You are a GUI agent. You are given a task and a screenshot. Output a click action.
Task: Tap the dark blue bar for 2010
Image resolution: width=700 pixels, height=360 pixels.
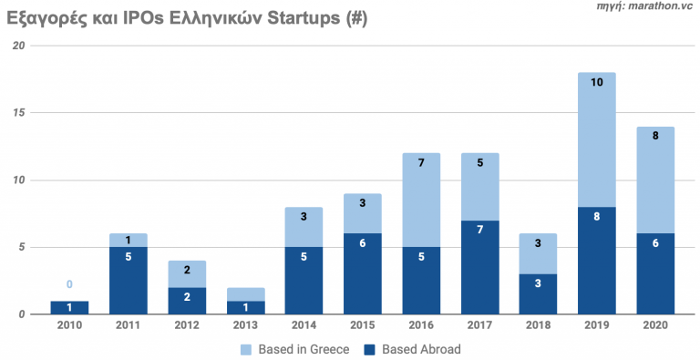68,307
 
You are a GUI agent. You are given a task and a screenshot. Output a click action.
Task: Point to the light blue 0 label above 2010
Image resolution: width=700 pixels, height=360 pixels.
68,284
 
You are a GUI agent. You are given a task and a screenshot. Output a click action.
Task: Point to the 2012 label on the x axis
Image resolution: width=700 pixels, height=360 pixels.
185,326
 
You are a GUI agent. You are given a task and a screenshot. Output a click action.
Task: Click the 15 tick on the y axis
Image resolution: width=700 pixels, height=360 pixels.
18,113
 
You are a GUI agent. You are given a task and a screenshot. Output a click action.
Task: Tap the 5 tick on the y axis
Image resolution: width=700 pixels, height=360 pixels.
21,247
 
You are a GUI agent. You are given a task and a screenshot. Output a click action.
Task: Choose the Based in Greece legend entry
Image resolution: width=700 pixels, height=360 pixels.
290,350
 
